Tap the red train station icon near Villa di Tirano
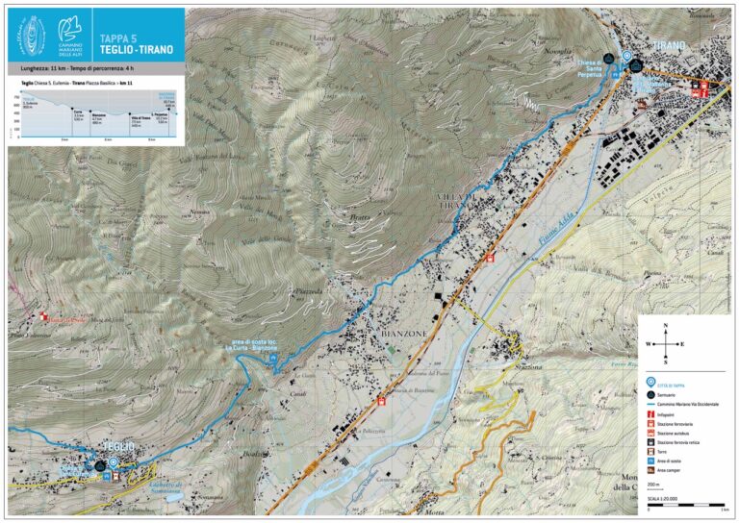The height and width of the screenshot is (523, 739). [x=490, y=259]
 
